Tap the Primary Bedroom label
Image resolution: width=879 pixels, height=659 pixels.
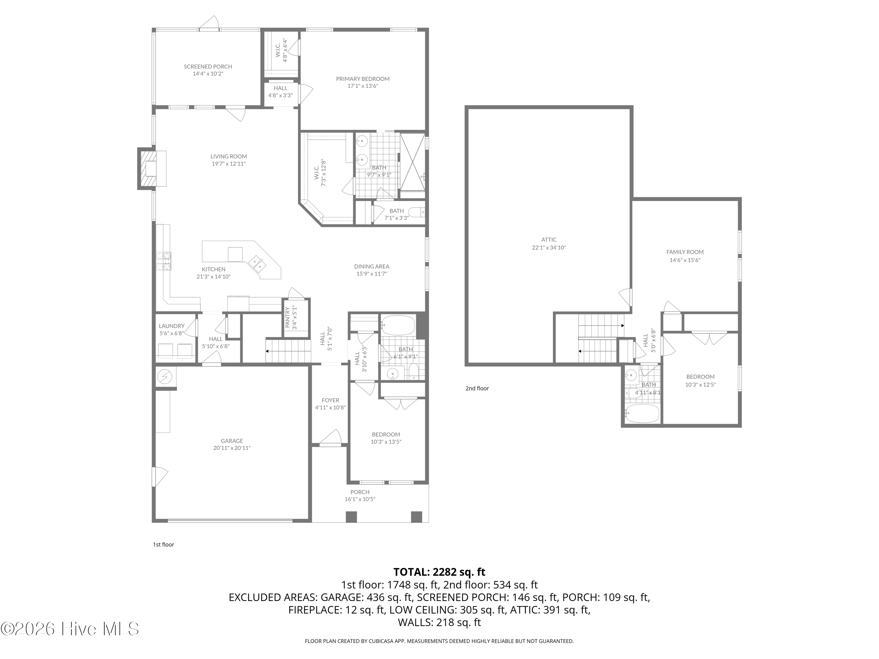click(363, 79)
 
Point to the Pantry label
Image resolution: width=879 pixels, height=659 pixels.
click(288, 317)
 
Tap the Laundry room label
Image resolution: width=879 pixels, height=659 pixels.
click(172, 326)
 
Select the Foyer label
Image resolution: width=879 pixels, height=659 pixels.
click(331, 400)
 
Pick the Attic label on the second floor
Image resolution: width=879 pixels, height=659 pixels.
click(549, 240)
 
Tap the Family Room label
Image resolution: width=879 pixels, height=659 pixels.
click(685, 252)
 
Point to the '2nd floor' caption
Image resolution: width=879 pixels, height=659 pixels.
click(477, 388)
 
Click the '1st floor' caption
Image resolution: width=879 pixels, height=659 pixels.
click(164, 544)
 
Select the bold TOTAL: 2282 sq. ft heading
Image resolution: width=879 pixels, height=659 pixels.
click(439, 572)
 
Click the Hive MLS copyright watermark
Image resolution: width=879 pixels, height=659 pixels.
click(70, 629)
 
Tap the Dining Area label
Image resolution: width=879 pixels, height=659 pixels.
click(372, 267)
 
